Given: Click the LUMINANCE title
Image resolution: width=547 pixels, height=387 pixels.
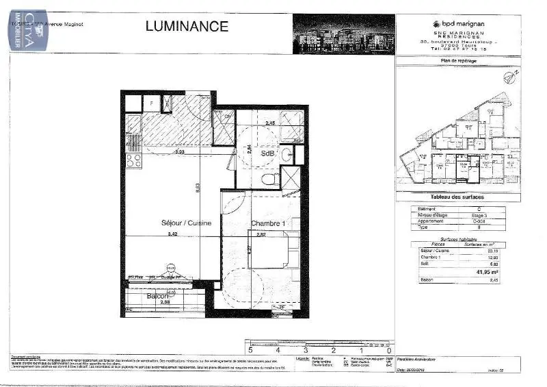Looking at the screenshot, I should tap(187, 27).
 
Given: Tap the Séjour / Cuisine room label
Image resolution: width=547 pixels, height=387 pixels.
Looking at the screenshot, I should tap(186, 223).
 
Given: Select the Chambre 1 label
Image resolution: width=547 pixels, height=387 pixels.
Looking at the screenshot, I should tap(267, 224).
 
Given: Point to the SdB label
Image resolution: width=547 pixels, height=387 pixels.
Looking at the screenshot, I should tap(267, 154).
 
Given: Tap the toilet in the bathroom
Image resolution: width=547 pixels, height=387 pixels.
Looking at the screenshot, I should tap(270, 178).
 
